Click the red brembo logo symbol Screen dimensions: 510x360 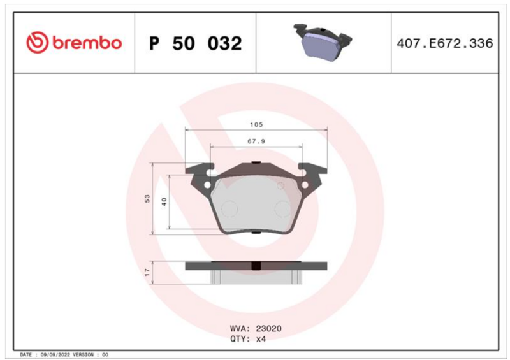[x=37, y=42]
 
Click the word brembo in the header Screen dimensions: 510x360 [x=87, y=43]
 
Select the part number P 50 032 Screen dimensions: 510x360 [x=195, y=43]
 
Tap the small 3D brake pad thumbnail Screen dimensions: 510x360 [x=323, y=41]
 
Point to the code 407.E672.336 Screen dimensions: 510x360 [x=444, y=43]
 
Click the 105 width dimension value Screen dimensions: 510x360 [x=256, y=124]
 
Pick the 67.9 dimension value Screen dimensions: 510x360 [x=256, y=141]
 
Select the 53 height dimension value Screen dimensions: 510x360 [x=147, y=199]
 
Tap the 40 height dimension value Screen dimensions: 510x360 [x=164, y=201]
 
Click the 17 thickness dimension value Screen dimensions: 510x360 [x=148, y=272]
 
